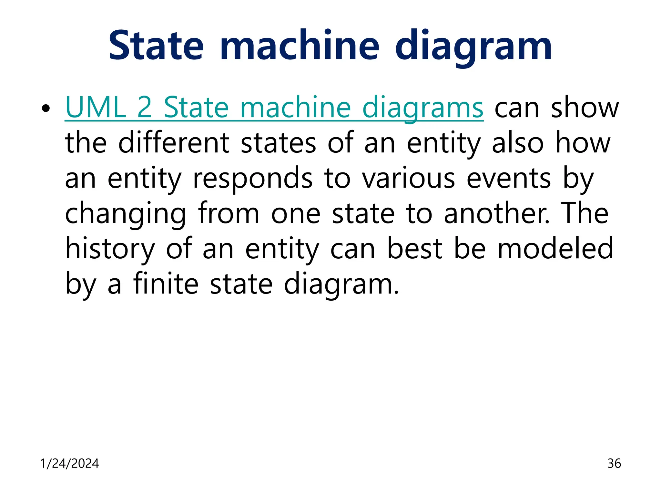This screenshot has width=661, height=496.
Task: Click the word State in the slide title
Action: pos(156,46)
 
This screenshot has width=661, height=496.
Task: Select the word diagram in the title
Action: pos(473,48)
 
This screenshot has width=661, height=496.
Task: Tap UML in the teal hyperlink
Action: pos(96,108)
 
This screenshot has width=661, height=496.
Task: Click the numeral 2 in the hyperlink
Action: pos(144,108)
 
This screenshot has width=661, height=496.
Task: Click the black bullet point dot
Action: pos(46,108)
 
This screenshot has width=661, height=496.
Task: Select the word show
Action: pos(585,108)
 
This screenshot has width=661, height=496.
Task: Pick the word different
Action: pos(174,143)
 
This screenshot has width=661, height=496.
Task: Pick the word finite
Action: pos(166,284)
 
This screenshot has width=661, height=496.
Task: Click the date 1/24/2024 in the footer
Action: pos(69,463)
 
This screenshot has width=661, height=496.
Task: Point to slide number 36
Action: pos(614,463)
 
